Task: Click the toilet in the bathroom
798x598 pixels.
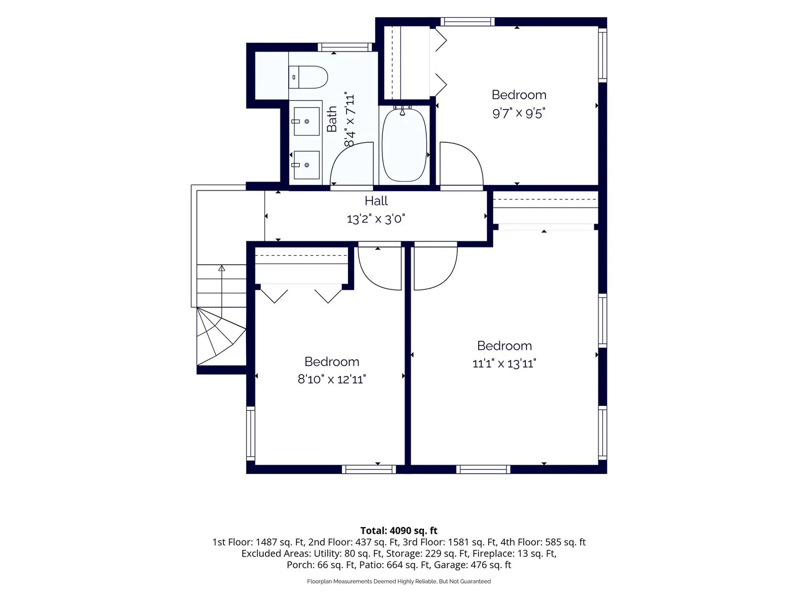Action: click(308, 77)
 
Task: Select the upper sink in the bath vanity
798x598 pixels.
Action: click(306, 121)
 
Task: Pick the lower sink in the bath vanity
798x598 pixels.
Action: click(306, 165)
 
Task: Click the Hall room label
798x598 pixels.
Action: click(376, 201)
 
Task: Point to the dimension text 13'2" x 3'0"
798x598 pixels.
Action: click(376, 219)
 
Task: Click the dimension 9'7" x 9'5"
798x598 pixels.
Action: click(519, 114)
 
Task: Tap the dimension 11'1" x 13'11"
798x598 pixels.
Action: click(504, 363)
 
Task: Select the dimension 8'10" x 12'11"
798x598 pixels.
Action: click(331, 379)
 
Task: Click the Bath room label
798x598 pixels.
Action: click(331, 118)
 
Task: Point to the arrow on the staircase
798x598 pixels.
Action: click(222, 286)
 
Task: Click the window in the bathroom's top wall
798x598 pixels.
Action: click(345, 47)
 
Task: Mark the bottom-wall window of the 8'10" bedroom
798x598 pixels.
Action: click(369, 470)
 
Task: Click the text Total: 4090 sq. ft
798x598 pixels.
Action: click(399, 530)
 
